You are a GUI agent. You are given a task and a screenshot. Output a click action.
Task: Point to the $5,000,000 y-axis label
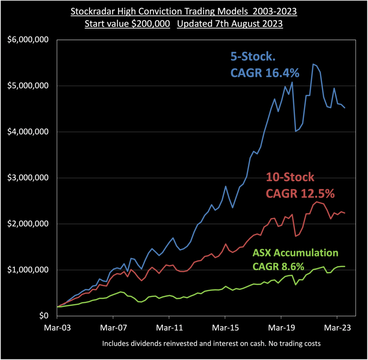point(29,86)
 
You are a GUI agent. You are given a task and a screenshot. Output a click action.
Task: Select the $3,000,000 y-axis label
point(29,178)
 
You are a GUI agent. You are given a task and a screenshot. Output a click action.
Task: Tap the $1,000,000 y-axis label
point(29,270)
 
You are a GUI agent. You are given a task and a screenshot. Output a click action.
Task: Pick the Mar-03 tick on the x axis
point(57,327)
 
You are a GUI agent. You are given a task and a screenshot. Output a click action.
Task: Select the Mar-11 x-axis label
point(169,327)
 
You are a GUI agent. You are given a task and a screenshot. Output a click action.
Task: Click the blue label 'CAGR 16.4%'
point(264,73)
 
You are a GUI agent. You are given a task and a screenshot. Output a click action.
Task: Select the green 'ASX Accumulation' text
point(295,253)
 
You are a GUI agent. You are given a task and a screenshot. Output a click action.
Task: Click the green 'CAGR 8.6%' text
point(278,266)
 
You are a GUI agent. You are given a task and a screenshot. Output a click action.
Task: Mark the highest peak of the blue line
point(313,64)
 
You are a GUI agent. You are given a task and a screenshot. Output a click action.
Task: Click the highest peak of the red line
point(316,202)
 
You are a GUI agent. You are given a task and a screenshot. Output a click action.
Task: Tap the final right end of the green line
point(345,266)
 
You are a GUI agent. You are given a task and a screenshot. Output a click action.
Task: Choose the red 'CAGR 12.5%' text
point(300,193)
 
